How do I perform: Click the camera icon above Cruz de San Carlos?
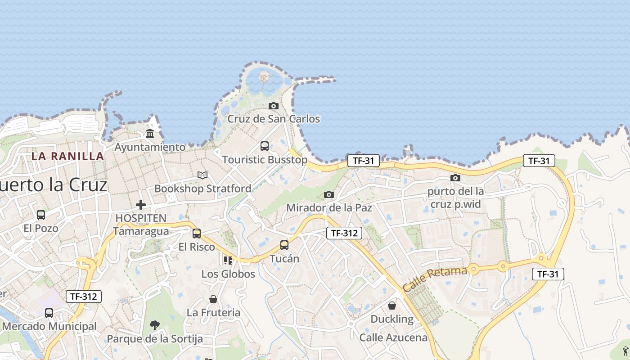[273, 106]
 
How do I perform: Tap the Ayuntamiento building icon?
[150, 134]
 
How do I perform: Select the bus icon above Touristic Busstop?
[265, 146]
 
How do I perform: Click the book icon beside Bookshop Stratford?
[202, 175]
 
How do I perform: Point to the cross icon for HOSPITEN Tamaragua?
[141, 205]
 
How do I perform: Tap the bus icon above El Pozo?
[41, 215]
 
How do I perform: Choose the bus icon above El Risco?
[197, 234]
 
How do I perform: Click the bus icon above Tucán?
[284, 245]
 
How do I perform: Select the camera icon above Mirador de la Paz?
[329, 194]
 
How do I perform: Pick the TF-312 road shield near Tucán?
[344, 233]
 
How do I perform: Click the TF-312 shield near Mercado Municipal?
[84, 297]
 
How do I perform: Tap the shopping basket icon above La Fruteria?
[213, 299]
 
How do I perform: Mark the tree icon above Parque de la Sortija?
[155, 325]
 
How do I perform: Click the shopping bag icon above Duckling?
[392, 306]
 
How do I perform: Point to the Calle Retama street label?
[435, 279]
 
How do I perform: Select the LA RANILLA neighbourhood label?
[67, 156]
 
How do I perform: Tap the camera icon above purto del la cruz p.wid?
[455, 178]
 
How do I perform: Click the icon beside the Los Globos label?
[228, 261]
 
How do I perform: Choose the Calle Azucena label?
[393, 337]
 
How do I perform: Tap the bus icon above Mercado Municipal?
[49, 313]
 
